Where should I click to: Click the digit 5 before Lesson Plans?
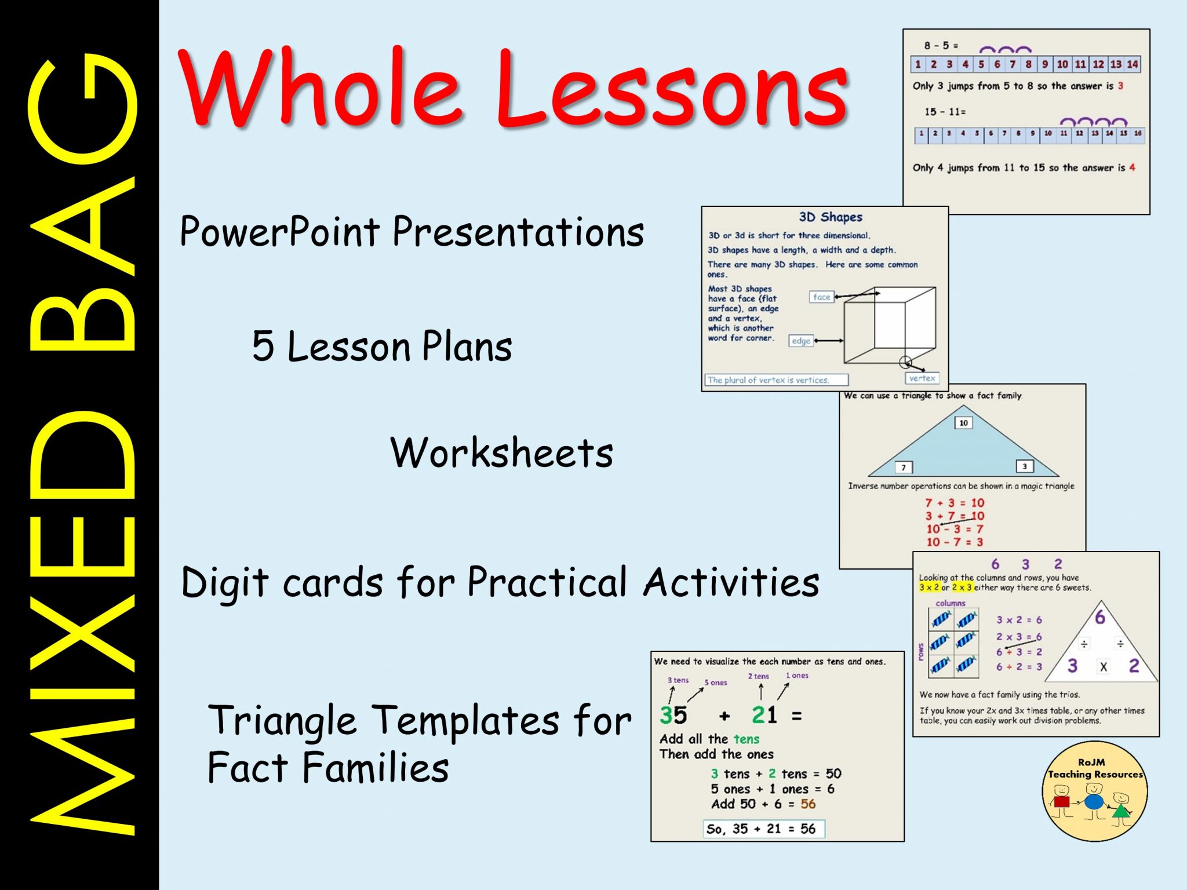coord(263,346)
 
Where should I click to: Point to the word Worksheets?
coord(501,453)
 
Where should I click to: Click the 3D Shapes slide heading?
coord(830,217)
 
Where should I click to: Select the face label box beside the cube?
coord(821,297)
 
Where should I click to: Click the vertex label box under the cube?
coord(922,378)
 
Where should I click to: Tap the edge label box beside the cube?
coord(801,341)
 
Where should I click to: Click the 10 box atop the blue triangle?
coord(963,423)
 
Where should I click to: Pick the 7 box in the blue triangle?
coord(903,468)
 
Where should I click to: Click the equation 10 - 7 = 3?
coord(955,542)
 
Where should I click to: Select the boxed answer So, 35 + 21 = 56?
coord(763,829)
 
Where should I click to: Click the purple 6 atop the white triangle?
coord(1099,618)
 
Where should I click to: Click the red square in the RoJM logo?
coord(1061,802)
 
